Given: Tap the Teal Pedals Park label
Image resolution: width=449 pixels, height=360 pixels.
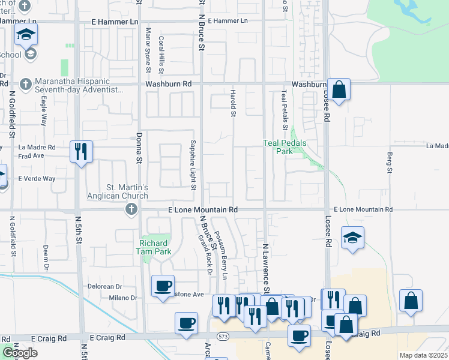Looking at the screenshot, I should pos(285,147).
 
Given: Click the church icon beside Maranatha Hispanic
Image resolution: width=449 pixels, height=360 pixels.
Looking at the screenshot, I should pos(25,85).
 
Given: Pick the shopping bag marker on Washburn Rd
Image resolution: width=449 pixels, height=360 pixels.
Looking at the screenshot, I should pos(339,90).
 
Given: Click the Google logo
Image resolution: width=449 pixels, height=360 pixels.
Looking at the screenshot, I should pos(20,353).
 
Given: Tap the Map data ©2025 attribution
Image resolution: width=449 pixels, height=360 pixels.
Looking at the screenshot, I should pos(424,355).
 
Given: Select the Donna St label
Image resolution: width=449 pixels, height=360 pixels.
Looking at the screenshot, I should pos(137,148).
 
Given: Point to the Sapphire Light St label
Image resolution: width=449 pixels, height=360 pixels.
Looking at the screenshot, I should pos(193,165).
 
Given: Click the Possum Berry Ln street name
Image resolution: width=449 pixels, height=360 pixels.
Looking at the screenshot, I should pos(221,255).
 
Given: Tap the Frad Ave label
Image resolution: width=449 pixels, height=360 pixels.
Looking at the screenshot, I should pos(31,155).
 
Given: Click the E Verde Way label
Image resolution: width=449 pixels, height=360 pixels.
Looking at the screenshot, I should pos(36,179).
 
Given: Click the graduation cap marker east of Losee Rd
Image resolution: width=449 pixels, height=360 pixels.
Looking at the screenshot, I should pos(352,238).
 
